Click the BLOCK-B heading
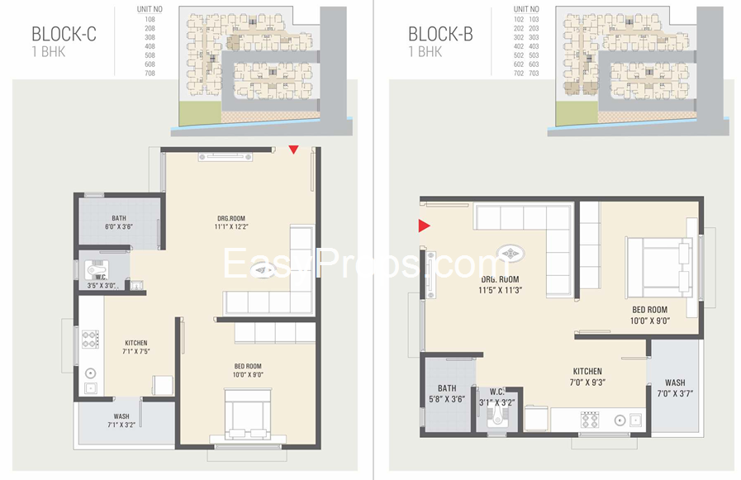[x=439, y=34]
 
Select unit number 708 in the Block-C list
[x=150, y=73]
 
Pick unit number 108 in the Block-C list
[x=150, y=17]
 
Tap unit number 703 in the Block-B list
[x=533, y=73]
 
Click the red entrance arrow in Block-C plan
[x=292, y=150]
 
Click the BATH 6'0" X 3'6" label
[x=119, y=222]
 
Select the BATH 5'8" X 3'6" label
[x=447, y=393]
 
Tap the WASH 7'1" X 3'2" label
[x=121, y=421]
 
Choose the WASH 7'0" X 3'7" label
[x=674, y=388]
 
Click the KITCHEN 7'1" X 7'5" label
[x=135, y=348]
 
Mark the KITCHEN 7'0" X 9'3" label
[x=587, y=377]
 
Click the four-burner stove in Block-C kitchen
[x=89, y=338]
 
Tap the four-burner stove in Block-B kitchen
[x=591, y=420]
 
